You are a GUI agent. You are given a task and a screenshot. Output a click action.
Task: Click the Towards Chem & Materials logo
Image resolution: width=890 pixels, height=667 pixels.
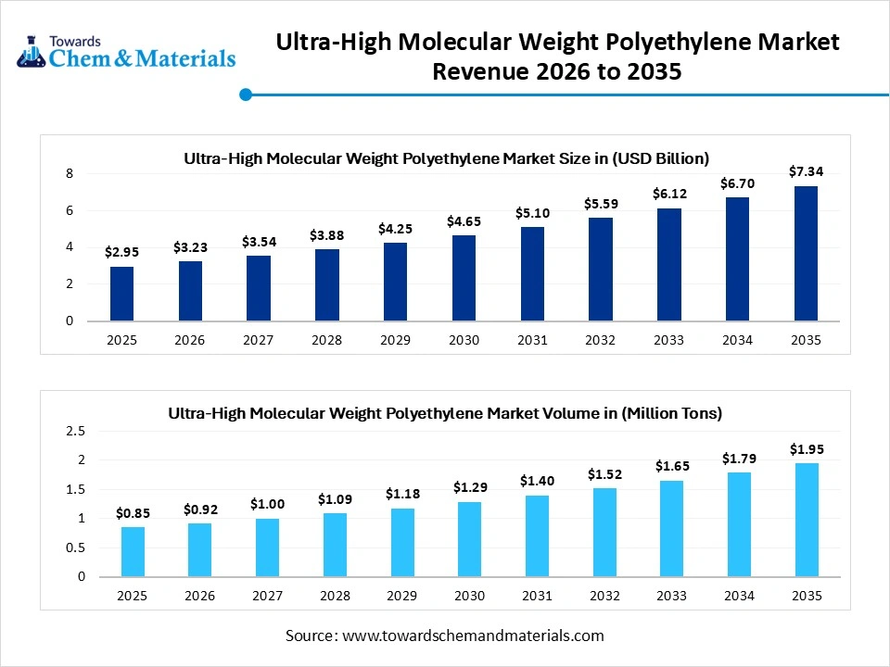coord(126,53)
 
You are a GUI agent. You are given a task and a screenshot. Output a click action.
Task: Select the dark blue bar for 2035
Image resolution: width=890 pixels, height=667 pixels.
coord(806,254)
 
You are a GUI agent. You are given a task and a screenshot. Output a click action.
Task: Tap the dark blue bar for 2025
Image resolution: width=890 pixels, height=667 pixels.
coord(121,294)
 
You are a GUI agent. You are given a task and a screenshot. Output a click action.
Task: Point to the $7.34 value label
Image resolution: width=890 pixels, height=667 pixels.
coord(806,171)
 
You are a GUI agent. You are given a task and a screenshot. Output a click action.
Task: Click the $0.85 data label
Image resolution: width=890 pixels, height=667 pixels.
coord(133,512)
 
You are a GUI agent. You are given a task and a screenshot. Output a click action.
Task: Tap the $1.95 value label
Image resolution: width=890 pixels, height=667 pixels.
coord(806,448)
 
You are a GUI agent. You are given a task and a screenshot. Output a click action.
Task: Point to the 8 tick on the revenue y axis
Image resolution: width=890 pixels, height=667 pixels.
coord(70,173)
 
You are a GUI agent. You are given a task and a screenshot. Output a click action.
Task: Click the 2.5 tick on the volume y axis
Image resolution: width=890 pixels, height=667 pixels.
coord(76,431)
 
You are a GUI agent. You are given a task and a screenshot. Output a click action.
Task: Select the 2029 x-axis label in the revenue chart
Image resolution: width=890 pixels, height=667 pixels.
coord(395,340)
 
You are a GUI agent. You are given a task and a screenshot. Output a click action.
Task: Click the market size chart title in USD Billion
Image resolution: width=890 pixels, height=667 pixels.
coord(446,157)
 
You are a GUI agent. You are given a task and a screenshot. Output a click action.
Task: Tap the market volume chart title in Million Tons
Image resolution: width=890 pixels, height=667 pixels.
coord(445,413)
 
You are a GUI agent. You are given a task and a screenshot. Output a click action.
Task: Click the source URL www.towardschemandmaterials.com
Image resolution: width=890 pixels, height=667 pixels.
coord(473,636)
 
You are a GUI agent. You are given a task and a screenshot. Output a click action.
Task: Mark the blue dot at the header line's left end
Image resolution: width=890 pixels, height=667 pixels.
coord(246,94)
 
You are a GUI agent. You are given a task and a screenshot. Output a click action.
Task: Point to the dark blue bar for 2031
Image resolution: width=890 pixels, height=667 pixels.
coord(532,274)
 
